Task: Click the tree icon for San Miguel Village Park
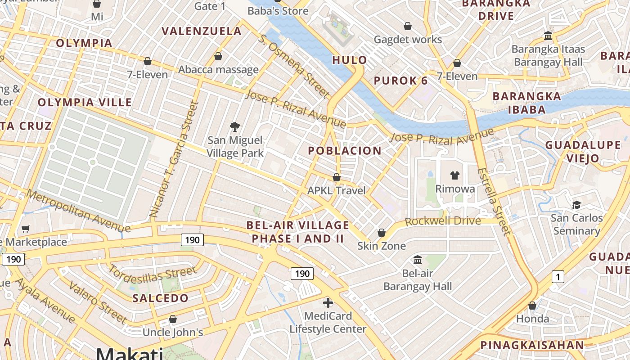tap(234, 126)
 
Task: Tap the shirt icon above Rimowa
tap(455, 175)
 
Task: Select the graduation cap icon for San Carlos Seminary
tap(576, 205)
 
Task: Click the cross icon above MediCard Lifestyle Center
tap(328, 303)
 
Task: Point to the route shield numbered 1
tap(558, 277)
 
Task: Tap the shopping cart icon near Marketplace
tap(26, 229)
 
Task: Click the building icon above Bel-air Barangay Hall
tap(418, 260)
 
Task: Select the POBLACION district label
tap(345, 151)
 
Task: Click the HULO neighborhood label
tap(350, 60)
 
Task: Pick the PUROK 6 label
tap(401, 81)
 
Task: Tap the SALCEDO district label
tap(161, 298)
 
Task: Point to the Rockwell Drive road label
tap(443, 221)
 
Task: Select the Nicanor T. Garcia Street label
tap(174, 160)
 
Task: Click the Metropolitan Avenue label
tap(78, 211)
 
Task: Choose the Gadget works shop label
tap(408, 40)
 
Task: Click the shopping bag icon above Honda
tap(532, 306)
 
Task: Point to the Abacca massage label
tap(218, 69)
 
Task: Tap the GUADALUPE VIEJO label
tap(583, 152)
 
